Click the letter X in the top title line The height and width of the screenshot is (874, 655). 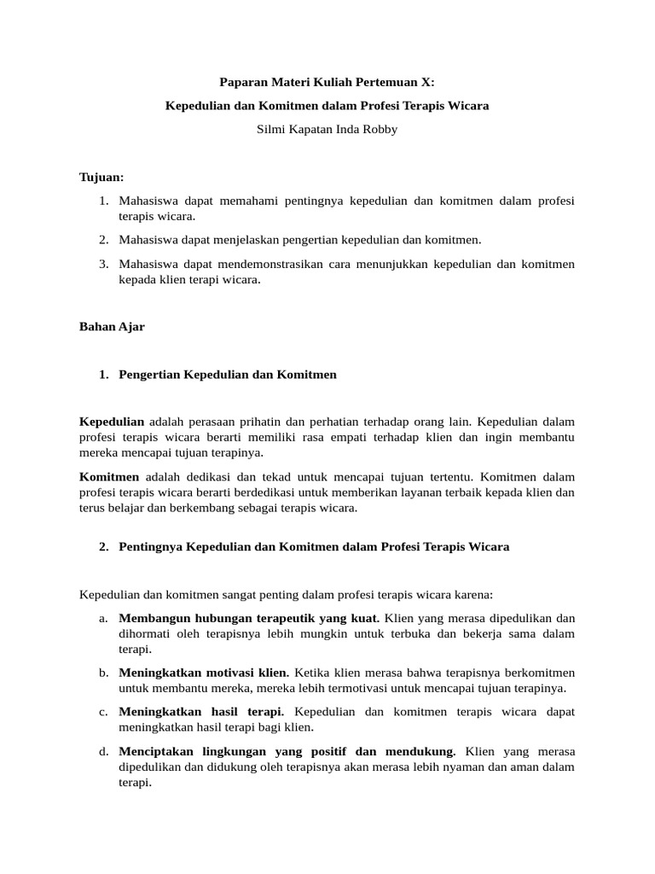(x=427, y=83)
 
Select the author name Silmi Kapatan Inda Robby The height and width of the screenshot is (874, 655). (x=327, y=131)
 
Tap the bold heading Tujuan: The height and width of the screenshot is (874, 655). (x=101, y=177)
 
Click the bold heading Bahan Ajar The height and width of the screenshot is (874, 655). (x=112, y=327)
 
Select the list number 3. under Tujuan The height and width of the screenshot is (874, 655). (x=103, y=264)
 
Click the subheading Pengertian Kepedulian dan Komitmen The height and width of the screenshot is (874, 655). (x=228, y=375)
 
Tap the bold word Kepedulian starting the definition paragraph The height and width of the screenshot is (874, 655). (x=112, y=422)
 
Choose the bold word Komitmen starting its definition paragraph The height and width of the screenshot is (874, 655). (x=110, y=476)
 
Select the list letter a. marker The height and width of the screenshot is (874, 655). (x=103, y=618)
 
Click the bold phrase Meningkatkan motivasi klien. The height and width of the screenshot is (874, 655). (x=204, y=673)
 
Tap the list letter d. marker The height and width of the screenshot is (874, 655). (x=103, y=751)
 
